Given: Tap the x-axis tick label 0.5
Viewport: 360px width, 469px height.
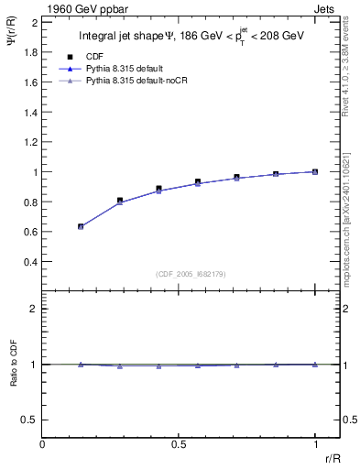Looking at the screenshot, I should pos(179,444).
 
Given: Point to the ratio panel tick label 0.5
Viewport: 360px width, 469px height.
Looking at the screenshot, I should pos(27,420).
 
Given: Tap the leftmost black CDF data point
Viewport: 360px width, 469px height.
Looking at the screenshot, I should pos(81,225).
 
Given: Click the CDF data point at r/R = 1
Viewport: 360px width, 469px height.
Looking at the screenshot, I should pos(315,171).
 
